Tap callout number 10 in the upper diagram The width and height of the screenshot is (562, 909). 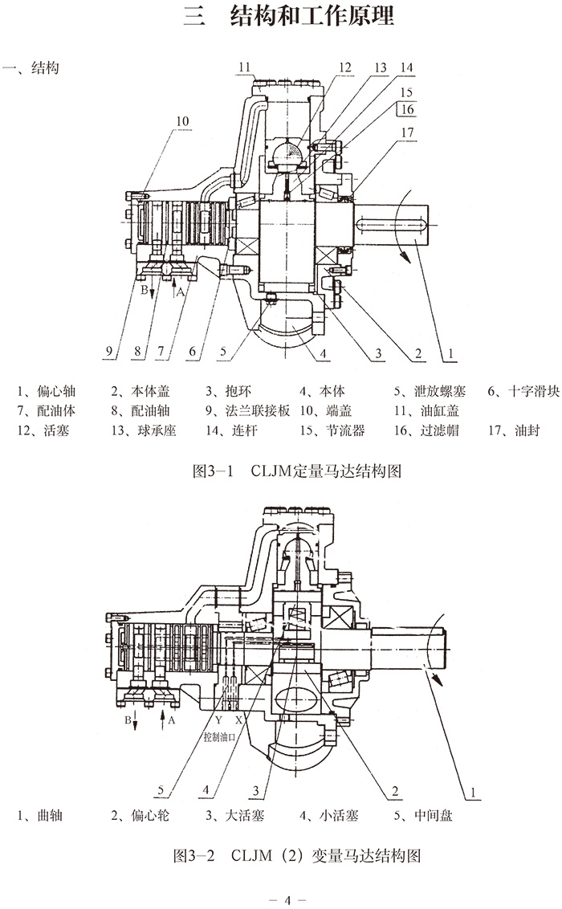(183, 121)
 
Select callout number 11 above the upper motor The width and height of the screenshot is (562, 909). (245, 67)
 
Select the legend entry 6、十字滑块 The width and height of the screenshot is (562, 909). (519, 391)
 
